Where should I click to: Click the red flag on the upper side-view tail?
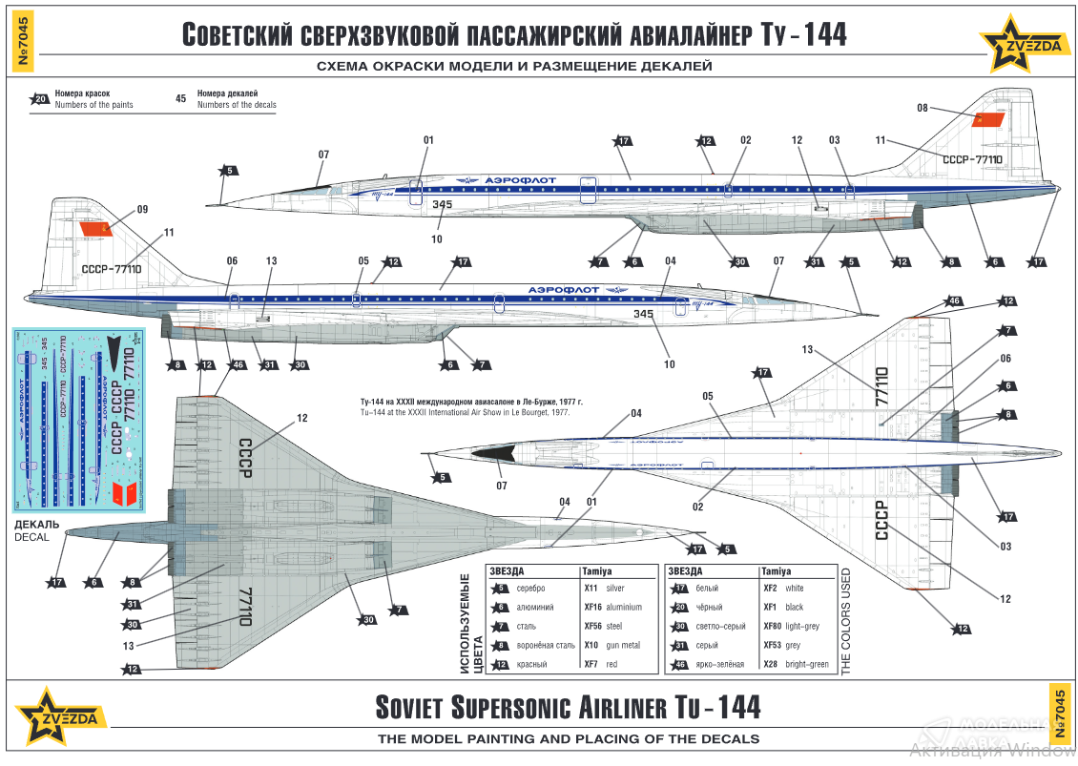[x=988, y=120]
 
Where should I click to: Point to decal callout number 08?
[x=922, y=108]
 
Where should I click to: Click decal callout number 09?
[x=142, y=210]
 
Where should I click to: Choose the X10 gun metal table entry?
[x=612, y=646]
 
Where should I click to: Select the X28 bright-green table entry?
[x=796, y=665]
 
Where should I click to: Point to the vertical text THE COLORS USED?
[x=845, y=621]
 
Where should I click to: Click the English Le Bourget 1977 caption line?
[x=465, y=412]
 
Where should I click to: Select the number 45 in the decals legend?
[x=181, y=98]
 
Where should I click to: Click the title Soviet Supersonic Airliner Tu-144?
[x=569, y=708]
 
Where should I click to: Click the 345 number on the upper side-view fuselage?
[x=441, y=203]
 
